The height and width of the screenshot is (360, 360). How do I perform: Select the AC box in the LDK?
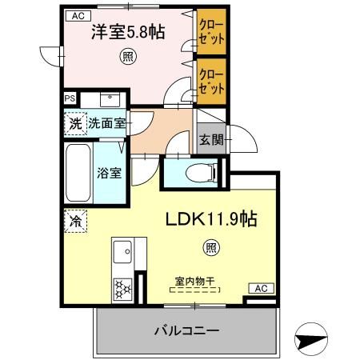coord(260,288)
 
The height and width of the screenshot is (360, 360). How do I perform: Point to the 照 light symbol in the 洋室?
coord(127,58)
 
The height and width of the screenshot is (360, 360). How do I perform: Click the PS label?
coord(70,99)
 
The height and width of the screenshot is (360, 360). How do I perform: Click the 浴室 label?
coord(110,171)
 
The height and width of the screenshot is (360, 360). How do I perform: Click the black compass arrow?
coord(311,338)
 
